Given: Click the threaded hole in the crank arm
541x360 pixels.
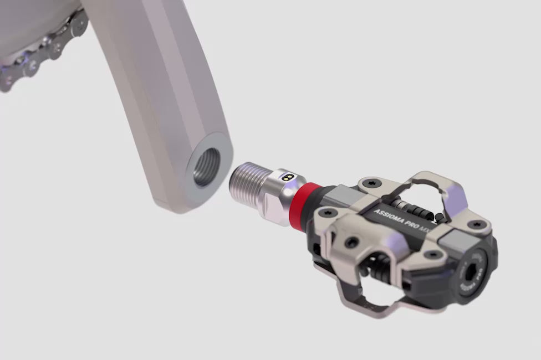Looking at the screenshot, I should (206, 168).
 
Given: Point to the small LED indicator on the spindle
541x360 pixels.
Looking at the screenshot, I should (288, 178).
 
